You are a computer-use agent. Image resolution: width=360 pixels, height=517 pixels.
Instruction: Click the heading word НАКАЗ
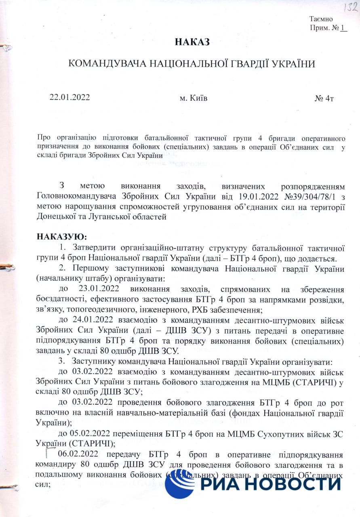tap(192, 42)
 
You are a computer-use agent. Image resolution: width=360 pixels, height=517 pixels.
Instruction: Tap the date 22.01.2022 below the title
tap(69, 97)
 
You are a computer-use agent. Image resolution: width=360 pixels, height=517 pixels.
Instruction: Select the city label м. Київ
tap(193, 98)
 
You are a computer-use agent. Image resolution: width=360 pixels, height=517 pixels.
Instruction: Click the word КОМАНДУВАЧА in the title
tap(107, 64)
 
